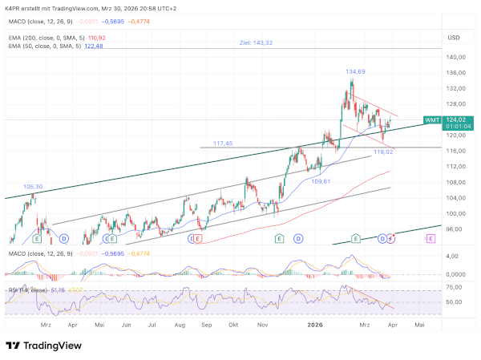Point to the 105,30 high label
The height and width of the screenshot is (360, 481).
(x=33, y=187)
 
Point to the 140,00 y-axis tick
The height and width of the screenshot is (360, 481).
(x=457, y=58)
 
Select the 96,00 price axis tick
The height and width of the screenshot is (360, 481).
(x=455, y=229)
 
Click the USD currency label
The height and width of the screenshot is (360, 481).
(x=454, y=38)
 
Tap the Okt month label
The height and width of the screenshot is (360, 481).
(x=233, y=326)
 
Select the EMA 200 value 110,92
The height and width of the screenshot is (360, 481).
(x=96, y=38)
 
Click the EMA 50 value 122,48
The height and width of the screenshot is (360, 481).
(x=94, y=46)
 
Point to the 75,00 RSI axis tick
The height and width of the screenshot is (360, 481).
(x=455, y=285)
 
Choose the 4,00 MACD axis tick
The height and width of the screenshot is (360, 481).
(x=454, y=256)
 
